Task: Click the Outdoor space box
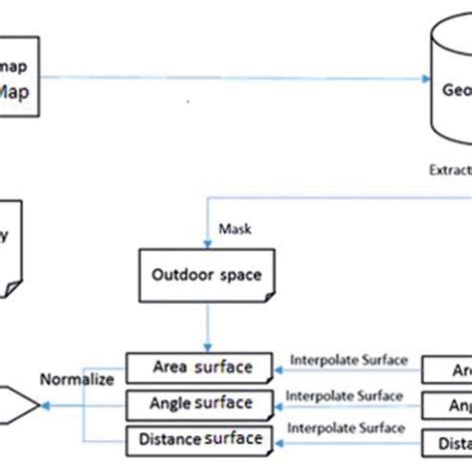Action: click(206, 273)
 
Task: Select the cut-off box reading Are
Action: click(447, 370)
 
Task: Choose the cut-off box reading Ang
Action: click(447, 405)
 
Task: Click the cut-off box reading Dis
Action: click(447, 440)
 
